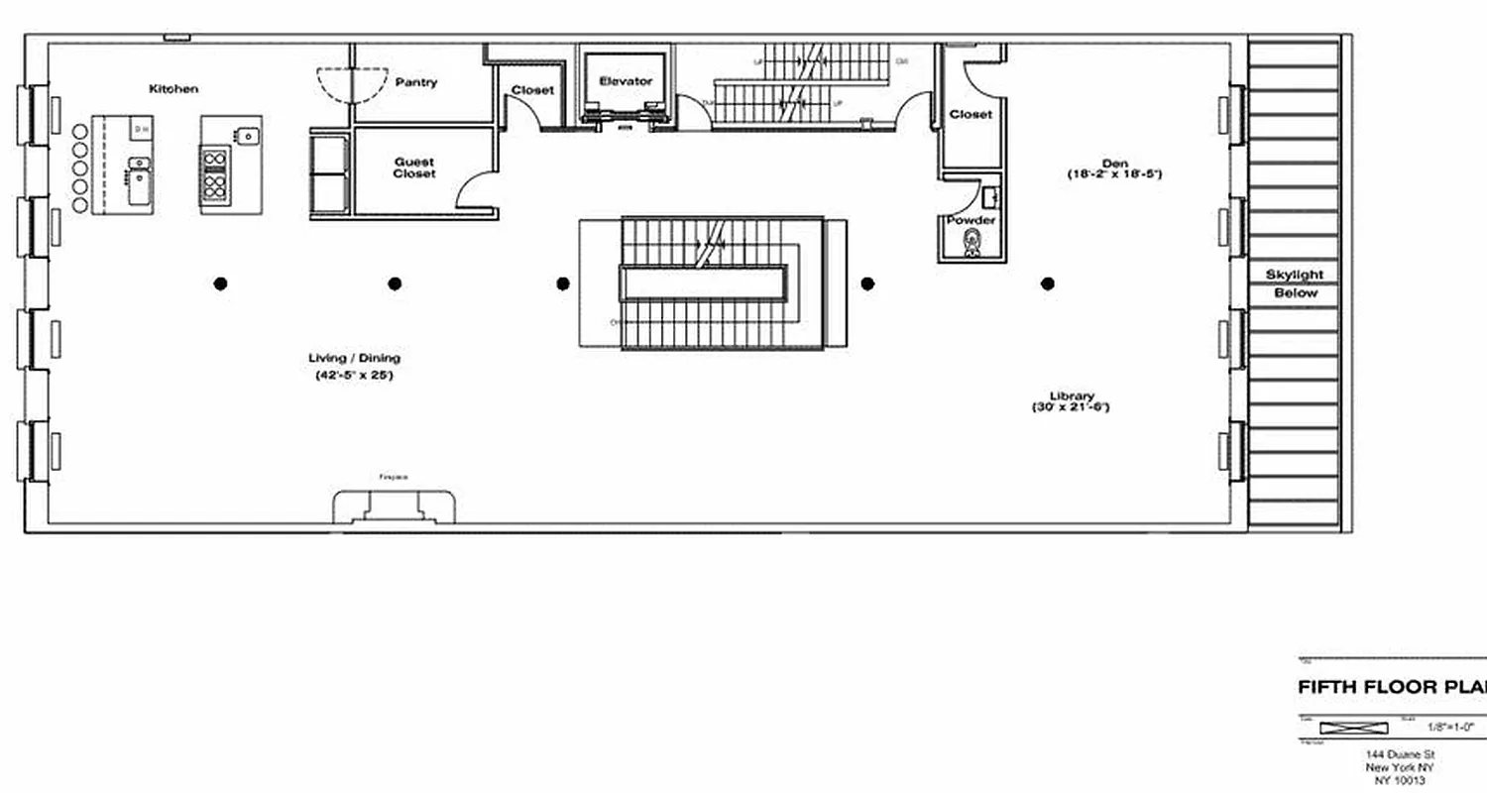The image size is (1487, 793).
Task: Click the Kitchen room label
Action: [173, 89]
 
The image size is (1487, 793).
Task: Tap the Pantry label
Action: [416, 82]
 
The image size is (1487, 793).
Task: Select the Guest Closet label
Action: [414, 168]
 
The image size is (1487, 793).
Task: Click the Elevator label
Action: [626, 81]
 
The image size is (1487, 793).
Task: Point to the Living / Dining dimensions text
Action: [354, 376]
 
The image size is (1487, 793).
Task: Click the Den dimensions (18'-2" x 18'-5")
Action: [1114, 174]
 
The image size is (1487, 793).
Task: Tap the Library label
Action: [1072, 396]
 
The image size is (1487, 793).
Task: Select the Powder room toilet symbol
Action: [972, 242]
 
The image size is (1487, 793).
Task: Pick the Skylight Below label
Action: [1295, 283]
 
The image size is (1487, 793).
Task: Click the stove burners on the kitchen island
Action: [215, 174]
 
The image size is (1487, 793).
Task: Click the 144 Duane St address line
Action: [1398, 754]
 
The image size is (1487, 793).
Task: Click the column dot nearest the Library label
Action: [1047, 283]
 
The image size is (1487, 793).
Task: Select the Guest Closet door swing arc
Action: [474, 188]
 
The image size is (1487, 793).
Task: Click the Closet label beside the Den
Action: [971, 114]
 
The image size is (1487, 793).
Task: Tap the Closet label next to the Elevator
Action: [532, 90]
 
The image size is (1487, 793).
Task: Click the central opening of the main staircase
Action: [703, 283]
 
